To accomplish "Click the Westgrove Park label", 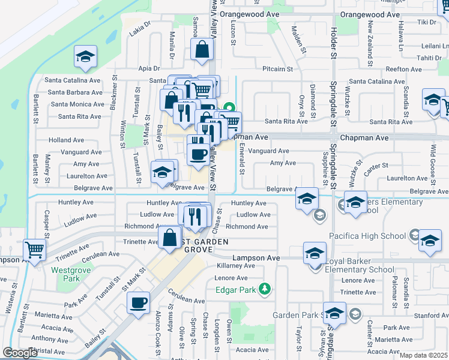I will coord(66,274).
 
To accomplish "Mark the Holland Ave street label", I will coord(66,140).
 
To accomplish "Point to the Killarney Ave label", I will coord(236,265).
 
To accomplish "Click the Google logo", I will coord(20,353).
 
